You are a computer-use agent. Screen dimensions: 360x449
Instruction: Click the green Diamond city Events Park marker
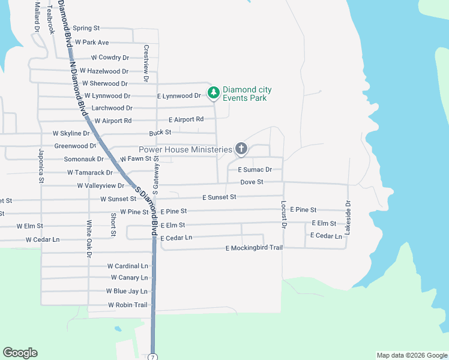212,93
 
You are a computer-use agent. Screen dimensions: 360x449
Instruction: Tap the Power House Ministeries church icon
241,148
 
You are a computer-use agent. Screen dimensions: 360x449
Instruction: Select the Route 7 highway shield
153,356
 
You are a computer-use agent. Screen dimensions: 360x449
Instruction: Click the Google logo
20,353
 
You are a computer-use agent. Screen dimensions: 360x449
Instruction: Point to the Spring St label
86,28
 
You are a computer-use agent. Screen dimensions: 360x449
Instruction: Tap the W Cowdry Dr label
110,58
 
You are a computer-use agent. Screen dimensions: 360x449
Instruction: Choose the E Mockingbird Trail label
253,248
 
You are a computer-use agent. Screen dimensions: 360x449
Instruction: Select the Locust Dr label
284,212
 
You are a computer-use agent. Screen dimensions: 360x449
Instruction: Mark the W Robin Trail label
127,305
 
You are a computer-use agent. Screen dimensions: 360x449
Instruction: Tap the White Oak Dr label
89,239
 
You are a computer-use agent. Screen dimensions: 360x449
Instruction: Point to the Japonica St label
41,165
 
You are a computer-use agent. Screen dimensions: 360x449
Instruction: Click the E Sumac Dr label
255,170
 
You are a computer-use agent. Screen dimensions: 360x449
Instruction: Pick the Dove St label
252,182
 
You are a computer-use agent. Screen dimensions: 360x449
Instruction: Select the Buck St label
160,132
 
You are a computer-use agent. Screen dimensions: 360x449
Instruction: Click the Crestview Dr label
146,62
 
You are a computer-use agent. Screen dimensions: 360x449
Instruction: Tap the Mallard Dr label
37,17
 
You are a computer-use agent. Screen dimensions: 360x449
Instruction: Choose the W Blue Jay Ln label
127,291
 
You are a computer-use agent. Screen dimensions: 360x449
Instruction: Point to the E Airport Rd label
186,119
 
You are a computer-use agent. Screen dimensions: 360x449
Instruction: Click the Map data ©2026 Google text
411,355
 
